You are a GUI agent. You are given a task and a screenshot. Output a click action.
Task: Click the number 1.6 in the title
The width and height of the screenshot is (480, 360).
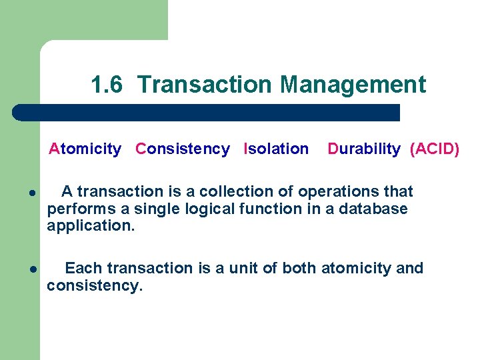pyautogui.click(x=107, y=85)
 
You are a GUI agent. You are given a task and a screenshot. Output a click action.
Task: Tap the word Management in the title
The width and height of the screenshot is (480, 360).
pyautogui.click(x=353, y=85)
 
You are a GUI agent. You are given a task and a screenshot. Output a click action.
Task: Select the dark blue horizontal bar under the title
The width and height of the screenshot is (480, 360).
pyautogui.click(x=207, y=112)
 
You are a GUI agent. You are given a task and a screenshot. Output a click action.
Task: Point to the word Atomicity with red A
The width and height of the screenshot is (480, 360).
pyautogui.click(x=85, y=149)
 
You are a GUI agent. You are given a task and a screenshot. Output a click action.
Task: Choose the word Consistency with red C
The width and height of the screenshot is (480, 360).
pyautogui.click(x=183, y=149)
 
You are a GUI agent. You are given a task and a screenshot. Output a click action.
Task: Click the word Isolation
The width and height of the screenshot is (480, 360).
pyautogui.click(x=277, y=149)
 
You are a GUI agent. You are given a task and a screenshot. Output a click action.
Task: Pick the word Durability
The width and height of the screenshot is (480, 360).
pyautogui.click(x=364, y=149)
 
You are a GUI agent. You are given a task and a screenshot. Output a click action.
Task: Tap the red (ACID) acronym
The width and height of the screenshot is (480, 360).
pyautogui.click(x=435, y=149)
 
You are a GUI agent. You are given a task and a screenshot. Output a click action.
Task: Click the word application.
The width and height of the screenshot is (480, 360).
pyautogui.click(x=91, y=227)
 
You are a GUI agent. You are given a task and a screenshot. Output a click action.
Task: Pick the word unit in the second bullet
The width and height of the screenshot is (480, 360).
pyautogui.click(x=243, y=268)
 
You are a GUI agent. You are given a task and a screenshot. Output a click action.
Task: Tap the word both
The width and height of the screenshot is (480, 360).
pyautogui.click(x=300, y=268)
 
